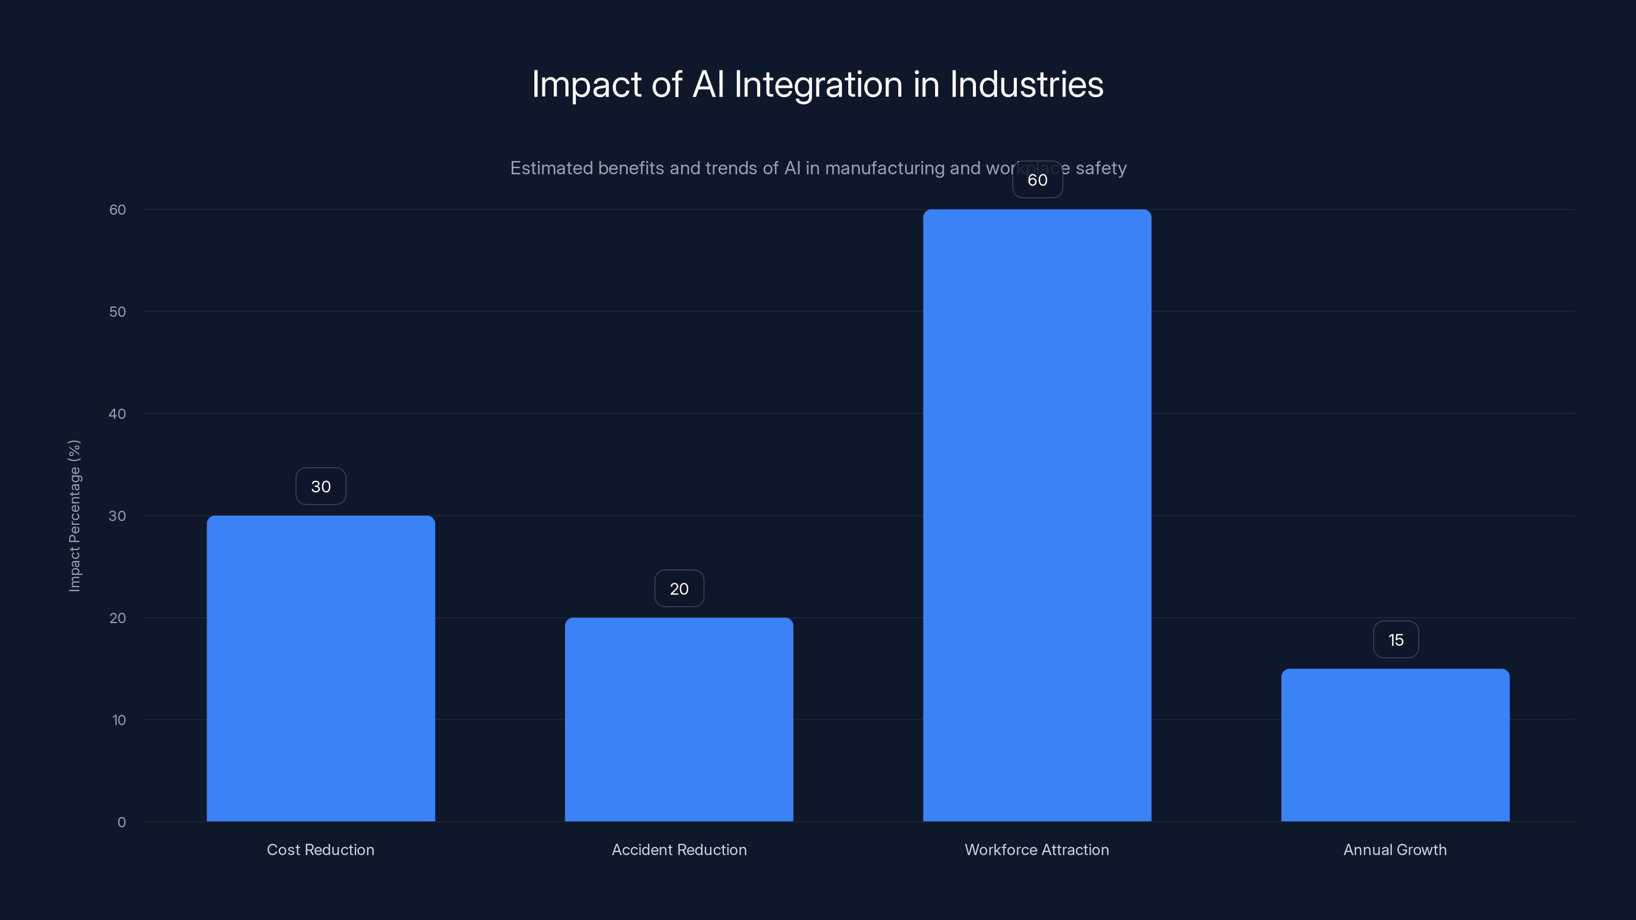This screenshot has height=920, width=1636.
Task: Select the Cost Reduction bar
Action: pos(321,668)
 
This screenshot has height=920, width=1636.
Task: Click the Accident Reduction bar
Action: pos(679,719)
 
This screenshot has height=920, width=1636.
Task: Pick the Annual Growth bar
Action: pos(1395,745)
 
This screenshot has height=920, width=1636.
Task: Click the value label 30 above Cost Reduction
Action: pos(321,487)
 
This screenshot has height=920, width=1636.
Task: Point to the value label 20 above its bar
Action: pos(679,589)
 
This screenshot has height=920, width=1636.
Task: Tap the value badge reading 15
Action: pos(1395,639)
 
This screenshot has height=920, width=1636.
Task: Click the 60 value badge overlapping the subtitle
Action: pos(1037,180)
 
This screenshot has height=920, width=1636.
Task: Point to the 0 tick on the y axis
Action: pos(121,822)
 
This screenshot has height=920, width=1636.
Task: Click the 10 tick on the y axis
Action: pos(119,720)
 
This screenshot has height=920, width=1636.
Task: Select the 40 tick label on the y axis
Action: pos(118,414)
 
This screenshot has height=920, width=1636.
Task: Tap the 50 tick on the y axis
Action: pos(118,312)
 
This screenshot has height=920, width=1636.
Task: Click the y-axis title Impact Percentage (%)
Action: pos(74,516)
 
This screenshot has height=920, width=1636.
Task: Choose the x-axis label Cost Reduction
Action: pos(321,849)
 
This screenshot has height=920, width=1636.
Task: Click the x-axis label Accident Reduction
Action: pos(679,849)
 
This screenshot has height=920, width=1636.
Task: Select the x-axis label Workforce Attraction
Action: pos(1037,849)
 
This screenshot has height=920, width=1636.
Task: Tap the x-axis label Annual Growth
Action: pos(1395,849)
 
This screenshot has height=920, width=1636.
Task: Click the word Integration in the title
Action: pos(818,85)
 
